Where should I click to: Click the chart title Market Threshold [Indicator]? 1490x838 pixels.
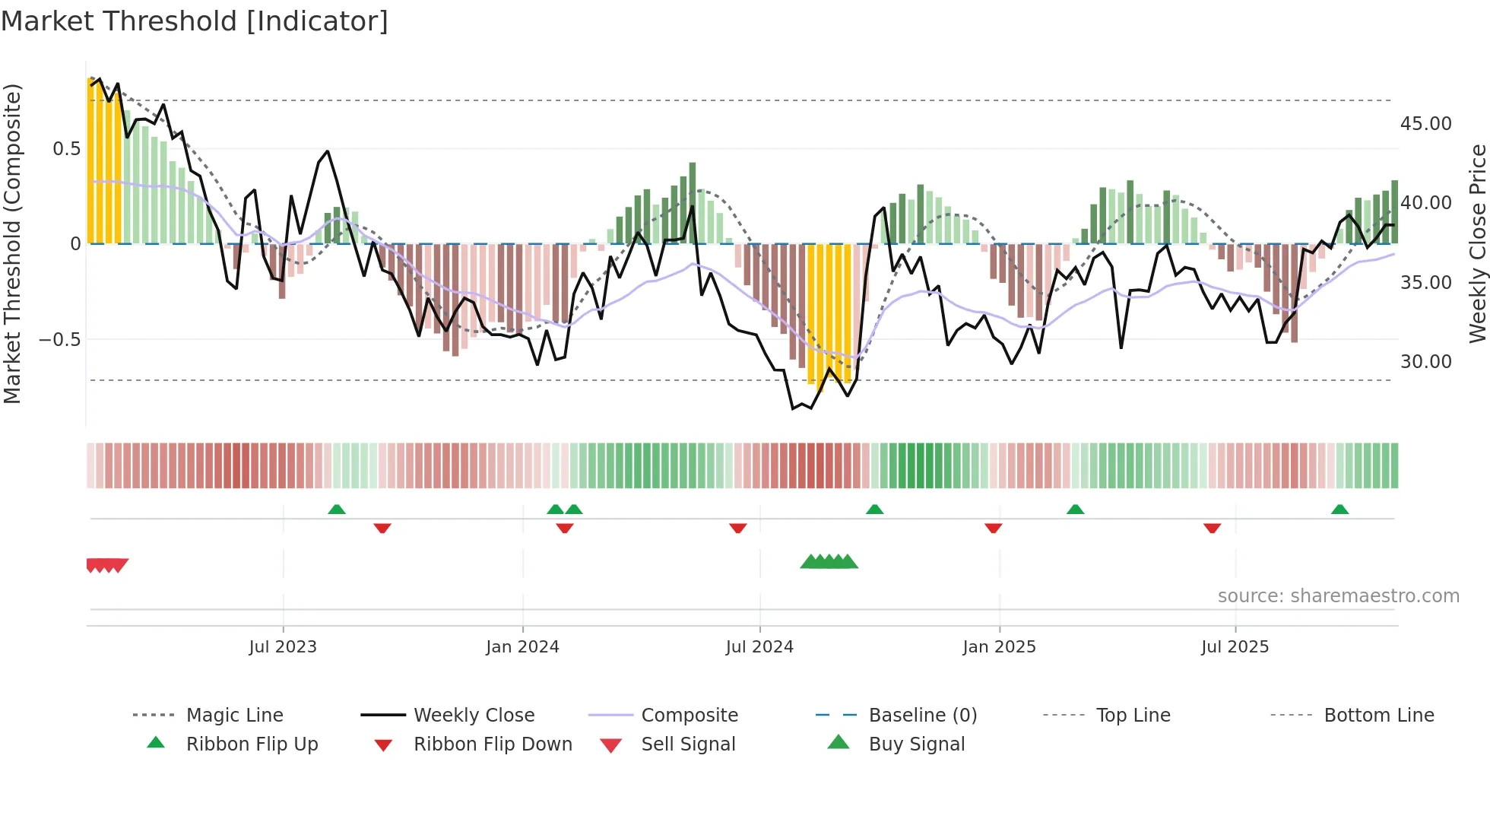point(195,21)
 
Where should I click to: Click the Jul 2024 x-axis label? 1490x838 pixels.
point(759,647)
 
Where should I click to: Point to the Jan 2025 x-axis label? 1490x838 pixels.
point(999,647)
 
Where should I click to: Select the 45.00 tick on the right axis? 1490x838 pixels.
point(1425,124)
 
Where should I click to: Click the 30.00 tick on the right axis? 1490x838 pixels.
point(1425,362)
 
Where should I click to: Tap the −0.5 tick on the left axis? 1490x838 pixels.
point(60,340)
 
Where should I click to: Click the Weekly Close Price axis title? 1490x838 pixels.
point(1477,243)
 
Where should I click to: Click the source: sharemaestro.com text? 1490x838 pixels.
point(1338,596)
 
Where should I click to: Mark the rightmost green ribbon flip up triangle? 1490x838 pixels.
point(1339,509)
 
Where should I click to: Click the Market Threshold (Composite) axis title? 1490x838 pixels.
point(12,243)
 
